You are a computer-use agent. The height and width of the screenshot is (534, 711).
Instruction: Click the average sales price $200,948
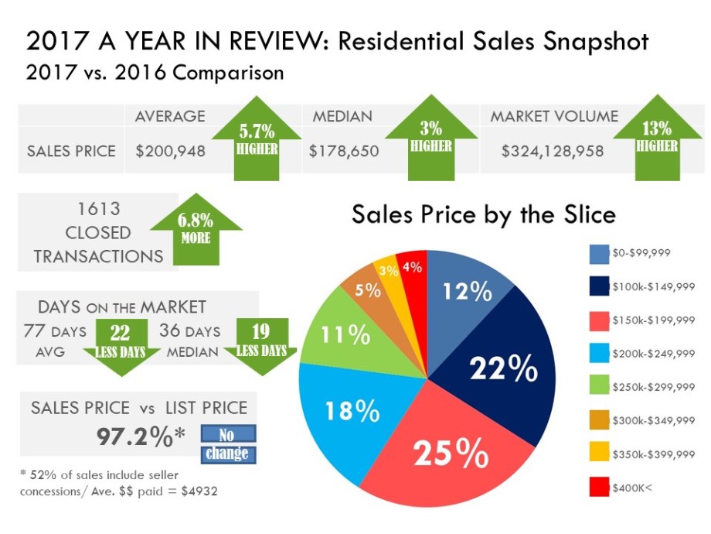tap(170, 151)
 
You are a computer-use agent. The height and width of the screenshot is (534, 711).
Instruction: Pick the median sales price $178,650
tap(344, 151)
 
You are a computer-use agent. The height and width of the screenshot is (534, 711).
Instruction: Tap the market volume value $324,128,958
tap(553, 151)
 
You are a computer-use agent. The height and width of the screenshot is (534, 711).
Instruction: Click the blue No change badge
tap(227, 443)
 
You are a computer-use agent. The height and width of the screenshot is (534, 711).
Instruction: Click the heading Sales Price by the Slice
tap(483, 214)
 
